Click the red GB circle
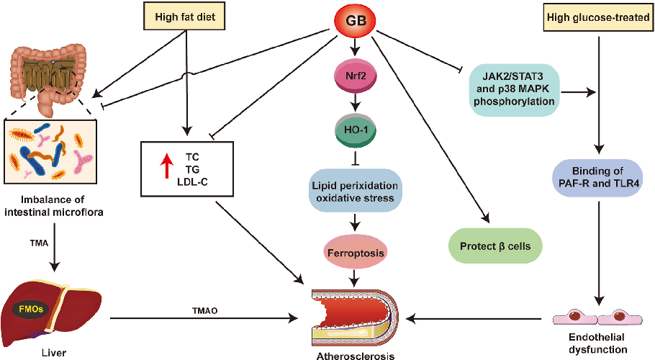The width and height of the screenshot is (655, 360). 354,21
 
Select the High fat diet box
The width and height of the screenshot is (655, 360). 186,16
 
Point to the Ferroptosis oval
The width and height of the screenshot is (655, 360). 354,253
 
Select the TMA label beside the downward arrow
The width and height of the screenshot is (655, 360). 39,244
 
